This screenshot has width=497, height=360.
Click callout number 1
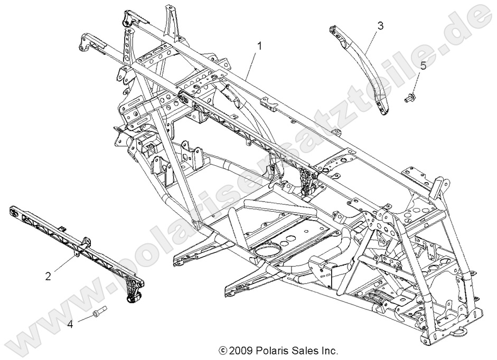259,46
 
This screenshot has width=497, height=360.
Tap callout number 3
380,25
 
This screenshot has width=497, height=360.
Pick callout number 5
423,65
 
